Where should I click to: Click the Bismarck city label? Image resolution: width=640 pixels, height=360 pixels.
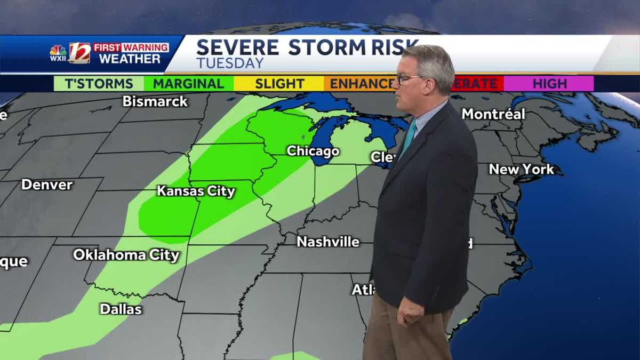[155, 101]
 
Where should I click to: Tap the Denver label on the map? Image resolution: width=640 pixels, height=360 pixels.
[47, 185]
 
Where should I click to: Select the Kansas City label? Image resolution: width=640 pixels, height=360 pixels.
[196, 191]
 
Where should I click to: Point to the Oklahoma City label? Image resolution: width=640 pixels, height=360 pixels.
[126, 255]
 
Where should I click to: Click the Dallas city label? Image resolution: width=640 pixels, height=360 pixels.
[121, 309]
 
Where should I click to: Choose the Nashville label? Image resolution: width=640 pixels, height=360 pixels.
[328, 242]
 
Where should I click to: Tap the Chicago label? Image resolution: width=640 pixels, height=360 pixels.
[313, 151]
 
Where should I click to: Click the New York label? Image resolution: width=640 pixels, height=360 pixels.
[521, 170]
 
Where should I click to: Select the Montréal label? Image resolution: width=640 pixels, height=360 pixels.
[493, 114]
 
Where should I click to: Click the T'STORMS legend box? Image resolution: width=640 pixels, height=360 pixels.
[99, 84]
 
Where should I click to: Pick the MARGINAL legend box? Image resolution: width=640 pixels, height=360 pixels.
[189, 84]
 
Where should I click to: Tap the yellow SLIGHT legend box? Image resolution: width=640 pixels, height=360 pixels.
[279, 84]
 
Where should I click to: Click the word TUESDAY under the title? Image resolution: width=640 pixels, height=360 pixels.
[230, 63]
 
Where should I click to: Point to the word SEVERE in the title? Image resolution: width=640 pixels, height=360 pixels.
[237, 47]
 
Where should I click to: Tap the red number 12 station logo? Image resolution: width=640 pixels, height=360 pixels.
[79, 53]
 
